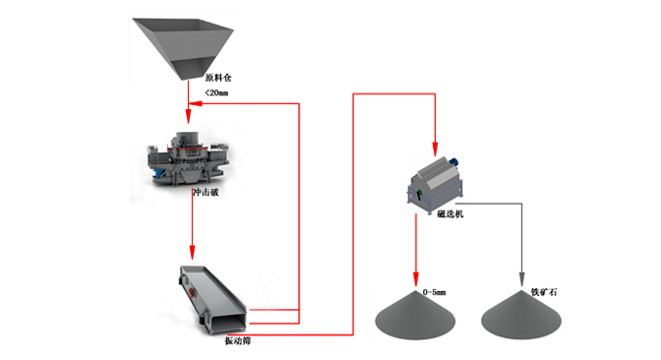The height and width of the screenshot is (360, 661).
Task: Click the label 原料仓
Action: coord(218,78)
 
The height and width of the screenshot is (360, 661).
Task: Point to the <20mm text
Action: coord(216,92)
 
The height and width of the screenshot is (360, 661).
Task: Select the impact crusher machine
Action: coord(188,158)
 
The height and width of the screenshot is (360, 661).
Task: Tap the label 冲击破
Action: coord(206,192)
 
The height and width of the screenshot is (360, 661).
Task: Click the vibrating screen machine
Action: coord(212,300)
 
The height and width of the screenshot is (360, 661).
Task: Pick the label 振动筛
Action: coord(237,341)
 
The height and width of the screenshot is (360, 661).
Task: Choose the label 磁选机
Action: coord(451,214)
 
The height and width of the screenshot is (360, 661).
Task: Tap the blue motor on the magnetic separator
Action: coord(454,161)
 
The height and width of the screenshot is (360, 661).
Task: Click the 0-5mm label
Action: coord(434,292)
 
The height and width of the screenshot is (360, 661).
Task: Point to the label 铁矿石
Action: coord(544,292)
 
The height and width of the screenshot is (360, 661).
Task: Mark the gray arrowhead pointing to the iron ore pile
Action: coord(521,279)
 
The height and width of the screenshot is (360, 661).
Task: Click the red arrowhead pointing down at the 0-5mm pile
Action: coord(416,279)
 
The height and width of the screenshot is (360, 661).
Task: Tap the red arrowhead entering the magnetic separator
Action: coord(435,150)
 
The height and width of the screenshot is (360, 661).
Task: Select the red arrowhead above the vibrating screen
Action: coord(192,253)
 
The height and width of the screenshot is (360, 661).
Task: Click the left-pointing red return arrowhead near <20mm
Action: coord(195,103)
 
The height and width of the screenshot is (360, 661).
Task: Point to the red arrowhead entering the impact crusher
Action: coord(188,116)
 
